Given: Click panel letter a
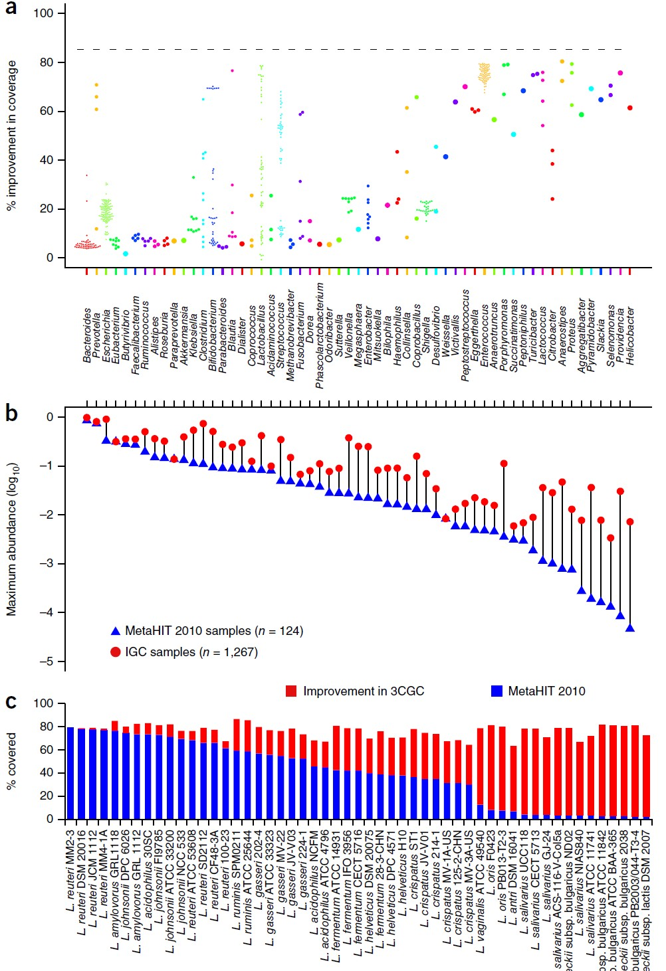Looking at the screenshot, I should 11,9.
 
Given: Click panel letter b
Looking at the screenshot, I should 11,413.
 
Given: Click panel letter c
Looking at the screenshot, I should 11,701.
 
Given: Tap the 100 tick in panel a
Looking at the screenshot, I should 43,13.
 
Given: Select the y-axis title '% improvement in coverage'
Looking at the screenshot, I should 11,136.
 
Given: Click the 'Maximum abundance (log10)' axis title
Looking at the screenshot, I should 11,539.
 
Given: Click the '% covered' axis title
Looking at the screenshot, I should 11,760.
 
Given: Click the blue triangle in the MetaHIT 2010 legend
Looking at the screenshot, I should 115,631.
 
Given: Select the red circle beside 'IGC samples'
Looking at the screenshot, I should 115,652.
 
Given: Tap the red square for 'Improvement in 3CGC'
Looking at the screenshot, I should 291,691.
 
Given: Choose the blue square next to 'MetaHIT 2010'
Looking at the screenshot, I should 497,691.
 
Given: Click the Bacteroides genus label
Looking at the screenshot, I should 87,335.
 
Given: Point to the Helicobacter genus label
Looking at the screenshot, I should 630,335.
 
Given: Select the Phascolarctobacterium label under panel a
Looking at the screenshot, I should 320,335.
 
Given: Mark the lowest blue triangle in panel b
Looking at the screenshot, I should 630,628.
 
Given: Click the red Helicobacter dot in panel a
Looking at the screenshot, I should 630,108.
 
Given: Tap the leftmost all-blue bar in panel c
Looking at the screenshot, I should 70,773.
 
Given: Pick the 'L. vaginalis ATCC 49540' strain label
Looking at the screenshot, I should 480,890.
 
